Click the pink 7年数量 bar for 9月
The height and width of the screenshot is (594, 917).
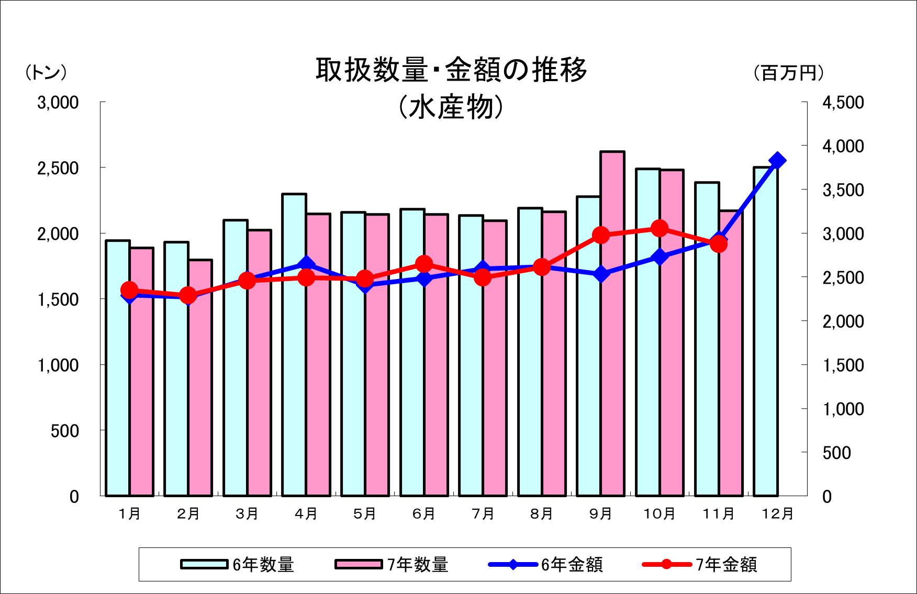pyautogui.click(x=612, y=366)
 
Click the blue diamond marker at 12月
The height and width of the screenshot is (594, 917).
pyautogui.click(x=777, y=161)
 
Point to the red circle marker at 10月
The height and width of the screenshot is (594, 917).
pyautogui.click(x=659, y=228)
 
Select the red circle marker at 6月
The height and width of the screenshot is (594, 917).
pyautogui.click(x=424, y=264)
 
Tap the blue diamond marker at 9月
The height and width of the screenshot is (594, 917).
pyautogui.click(x=601, y=274)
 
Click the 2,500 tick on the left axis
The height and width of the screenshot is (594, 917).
pyautogui.click(x=58, y=169)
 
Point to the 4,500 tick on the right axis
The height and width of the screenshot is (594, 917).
pyautogui.click(x=843, y=103)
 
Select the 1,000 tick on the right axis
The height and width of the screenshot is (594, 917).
pyautogui.click(x=843, y=409)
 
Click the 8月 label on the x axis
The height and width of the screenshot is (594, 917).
pyautogui.click(x=542, y=514)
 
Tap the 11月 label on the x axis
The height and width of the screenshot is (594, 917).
pyautogui.click(x=718, y=514)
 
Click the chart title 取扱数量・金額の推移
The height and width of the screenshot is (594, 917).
pyautogui.click(x=451, y=71)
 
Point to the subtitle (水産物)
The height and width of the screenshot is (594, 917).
pyautogui.click(x=451, y=107)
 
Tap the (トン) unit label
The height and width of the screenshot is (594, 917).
pyautogui.click(x=46, y=73)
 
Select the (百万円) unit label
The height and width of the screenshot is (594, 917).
pyautogui.click(x=789, y=73)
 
